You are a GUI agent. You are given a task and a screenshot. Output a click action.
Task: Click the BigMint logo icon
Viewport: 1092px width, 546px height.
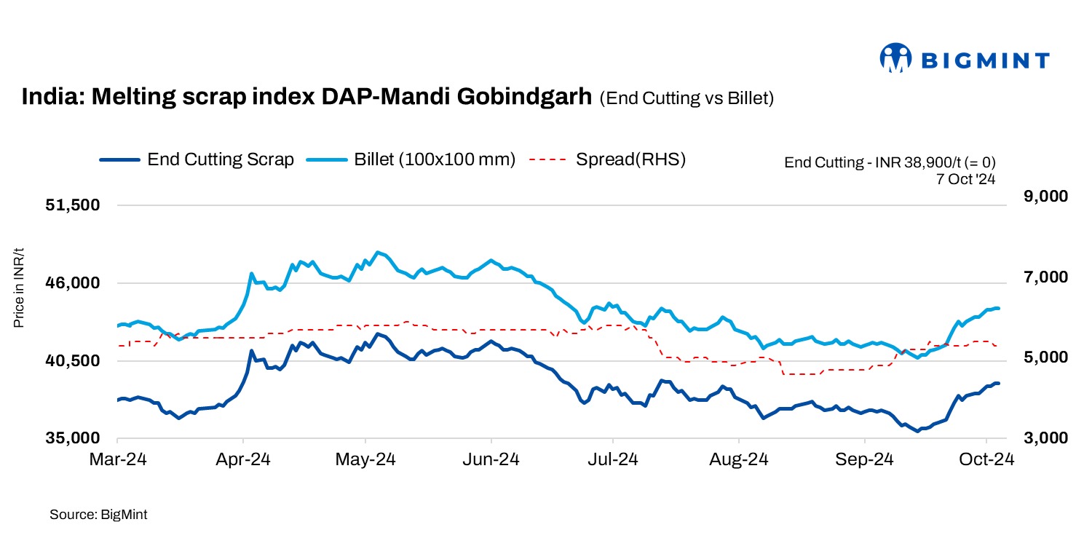coord(895,58)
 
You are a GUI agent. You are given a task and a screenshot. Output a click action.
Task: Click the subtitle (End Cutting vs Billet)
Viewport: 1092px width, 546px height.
coord(686,99)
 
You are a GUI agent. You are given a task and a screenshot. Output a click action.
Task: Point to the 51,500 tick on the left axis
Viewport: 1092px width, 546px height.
coord(72,205)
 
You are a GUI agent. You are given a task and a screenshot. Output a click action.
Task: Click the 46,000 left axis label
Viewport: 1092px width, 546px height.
coord(72,283)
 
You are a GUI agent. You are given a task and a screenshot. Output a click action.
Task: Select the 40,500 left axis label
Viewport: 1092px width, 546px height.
coord(72,361)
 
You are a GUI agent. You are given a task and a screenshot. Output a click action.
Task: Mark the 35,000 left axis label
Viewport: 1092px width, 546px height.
coord(72,439)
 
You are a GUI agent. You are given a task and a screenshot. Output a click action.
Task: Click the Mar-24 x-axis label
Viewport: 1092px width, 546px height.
coord(117,460)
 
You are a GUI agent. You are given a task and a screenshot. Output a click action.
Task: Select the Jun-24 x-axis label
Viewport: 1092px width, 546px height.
coord(491,460)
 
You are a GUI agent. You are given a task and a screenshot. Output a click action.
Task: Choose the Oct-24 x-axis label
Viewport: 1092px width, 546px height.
coord(986,460)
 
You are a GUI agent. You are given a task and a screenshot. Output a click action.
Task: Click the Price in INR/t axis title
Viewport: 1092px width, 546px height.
coord(20,288)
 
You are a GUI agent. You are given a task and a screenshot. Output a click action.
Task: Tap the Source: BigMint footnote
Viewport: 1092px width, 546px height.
coord(98,515)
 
